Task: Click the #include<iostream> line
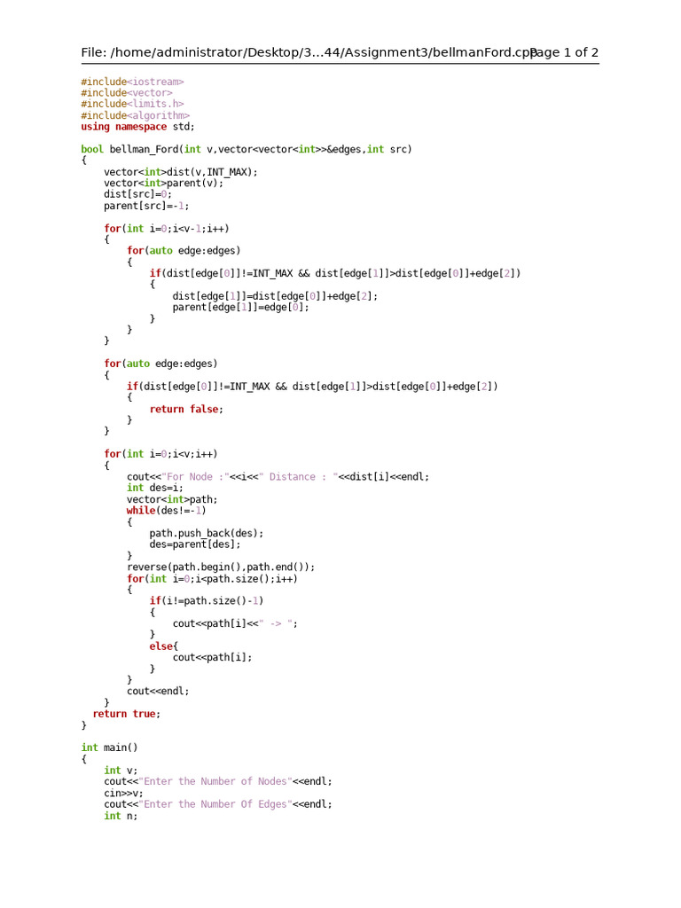[x=132, y=82]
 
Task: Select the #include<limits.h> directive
[x=132, y=104]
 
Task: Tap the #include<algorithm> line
[x=135, y=115]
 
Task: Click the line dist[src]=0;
[x=137, y=194]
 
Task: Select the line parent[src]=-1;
[x=146, y=206]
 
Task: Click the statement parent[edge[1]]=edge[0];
[x=240, y=308]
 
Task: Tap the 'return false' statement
[x=186, y=409]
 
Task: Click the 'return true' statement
[x=127, y=714]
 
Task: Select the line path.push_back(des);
[x=206, y=534]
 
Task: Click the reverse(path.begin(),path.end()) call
[x=220, y=567]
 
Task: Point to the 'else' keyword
[x=160, y=646]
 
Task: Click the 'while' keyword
[x=140, y=511]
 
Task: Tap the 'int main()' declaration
[x=109, y=748]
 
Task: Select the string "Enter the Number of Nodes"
[x=215, y=781]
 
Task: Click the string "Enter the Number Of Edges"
[x=215, y=804]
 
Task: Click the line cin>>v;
[x=123, y=793]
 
